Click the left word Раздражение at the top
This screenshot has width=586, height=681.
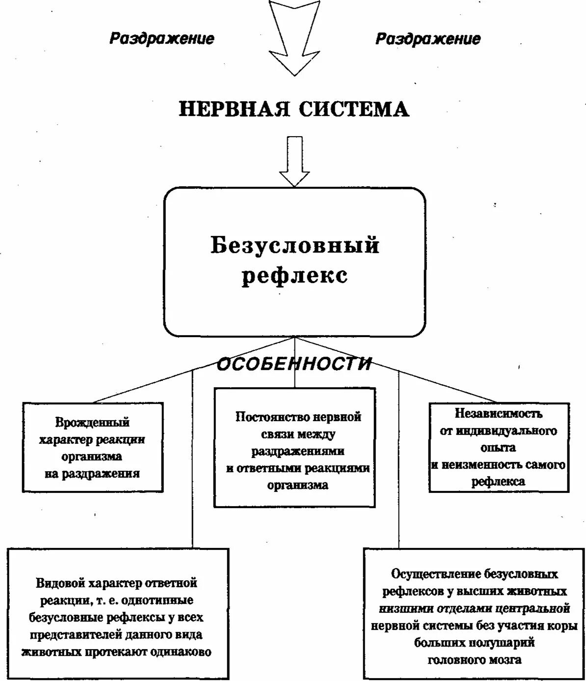tap(161, 39)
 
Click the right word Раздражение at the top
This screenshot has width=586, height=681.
tap(428, 39)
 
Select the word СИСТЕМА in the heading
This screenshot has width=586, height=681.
tap(354, 109)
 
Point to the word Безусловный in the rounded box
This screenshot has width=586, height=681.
tap(295, 245)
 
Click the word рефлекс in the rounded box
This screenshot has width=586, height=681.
tap(295, 275)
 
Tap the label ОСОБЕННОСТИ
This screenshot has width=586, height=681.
tap(294, 364)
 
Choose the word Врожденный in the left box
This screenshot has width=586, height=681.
tap(92, 422)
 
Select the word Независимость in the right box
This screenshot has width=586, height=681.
tap(499, 414)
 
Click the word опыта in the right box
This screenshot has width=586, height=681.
tap(499, 448)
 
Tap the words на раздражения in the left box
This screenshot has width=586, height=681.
tap(92, 474)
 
